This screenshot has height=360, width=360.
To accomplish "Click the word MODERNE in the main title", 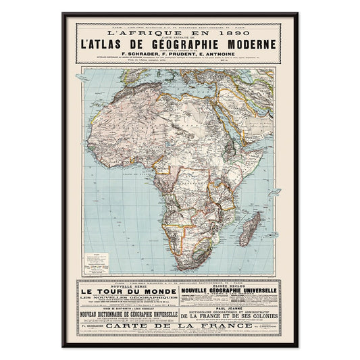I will pos(249,45).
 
